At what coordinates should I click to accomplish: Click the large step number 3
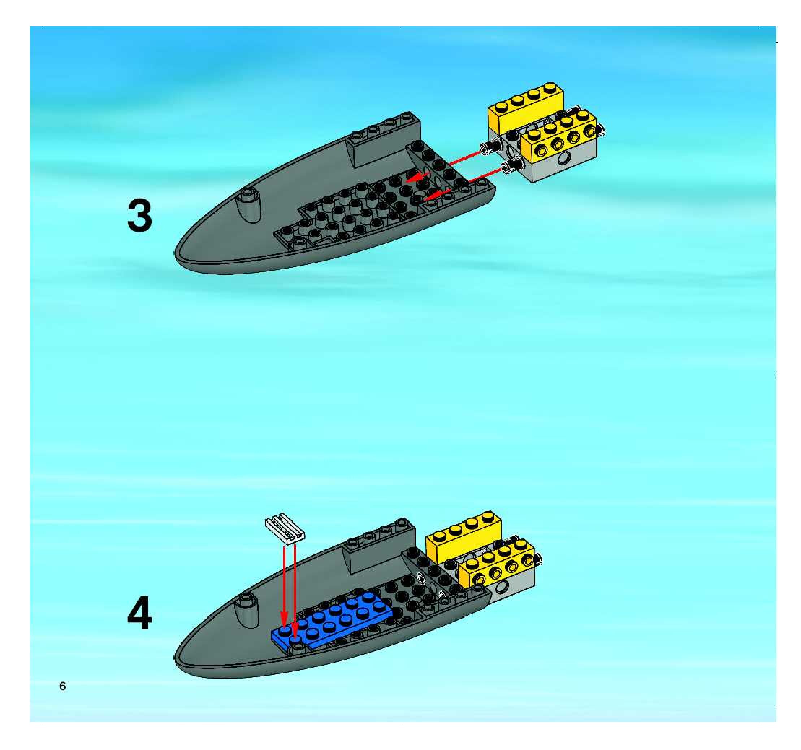(x=140, y=216)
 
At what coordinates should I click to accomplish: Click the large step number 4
(x=139, y=614)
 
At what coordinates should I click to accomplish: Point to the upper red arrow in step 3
(x=443, y=166)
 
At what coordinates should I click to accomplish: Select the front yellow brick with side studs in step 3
(x=560, y=137)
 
